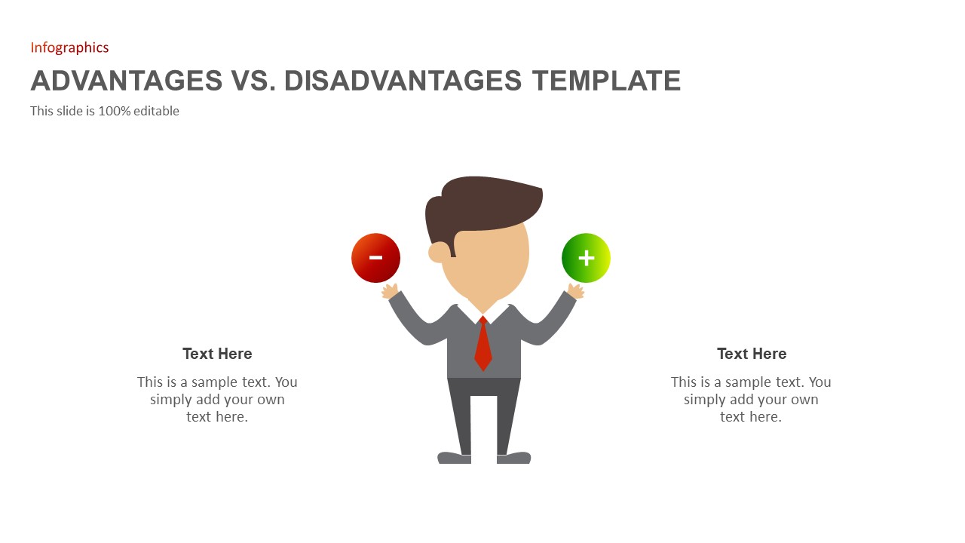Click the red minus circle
[375, 258]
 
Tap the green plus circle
[586, 258]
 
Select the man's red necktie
[483, 345]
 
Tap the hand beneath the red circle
[390, 291]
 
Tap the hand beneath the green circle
[576, 291]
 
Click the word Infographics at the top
[69, 48]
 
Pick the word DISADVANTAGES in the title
[403, 81]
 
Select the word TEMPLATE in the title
[606, 81]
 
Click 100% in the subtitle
[114, 111]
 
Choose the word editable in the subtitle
[157, 111]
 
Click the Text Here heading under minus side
[217, 354]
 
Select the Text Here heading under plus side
[752, 354]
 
